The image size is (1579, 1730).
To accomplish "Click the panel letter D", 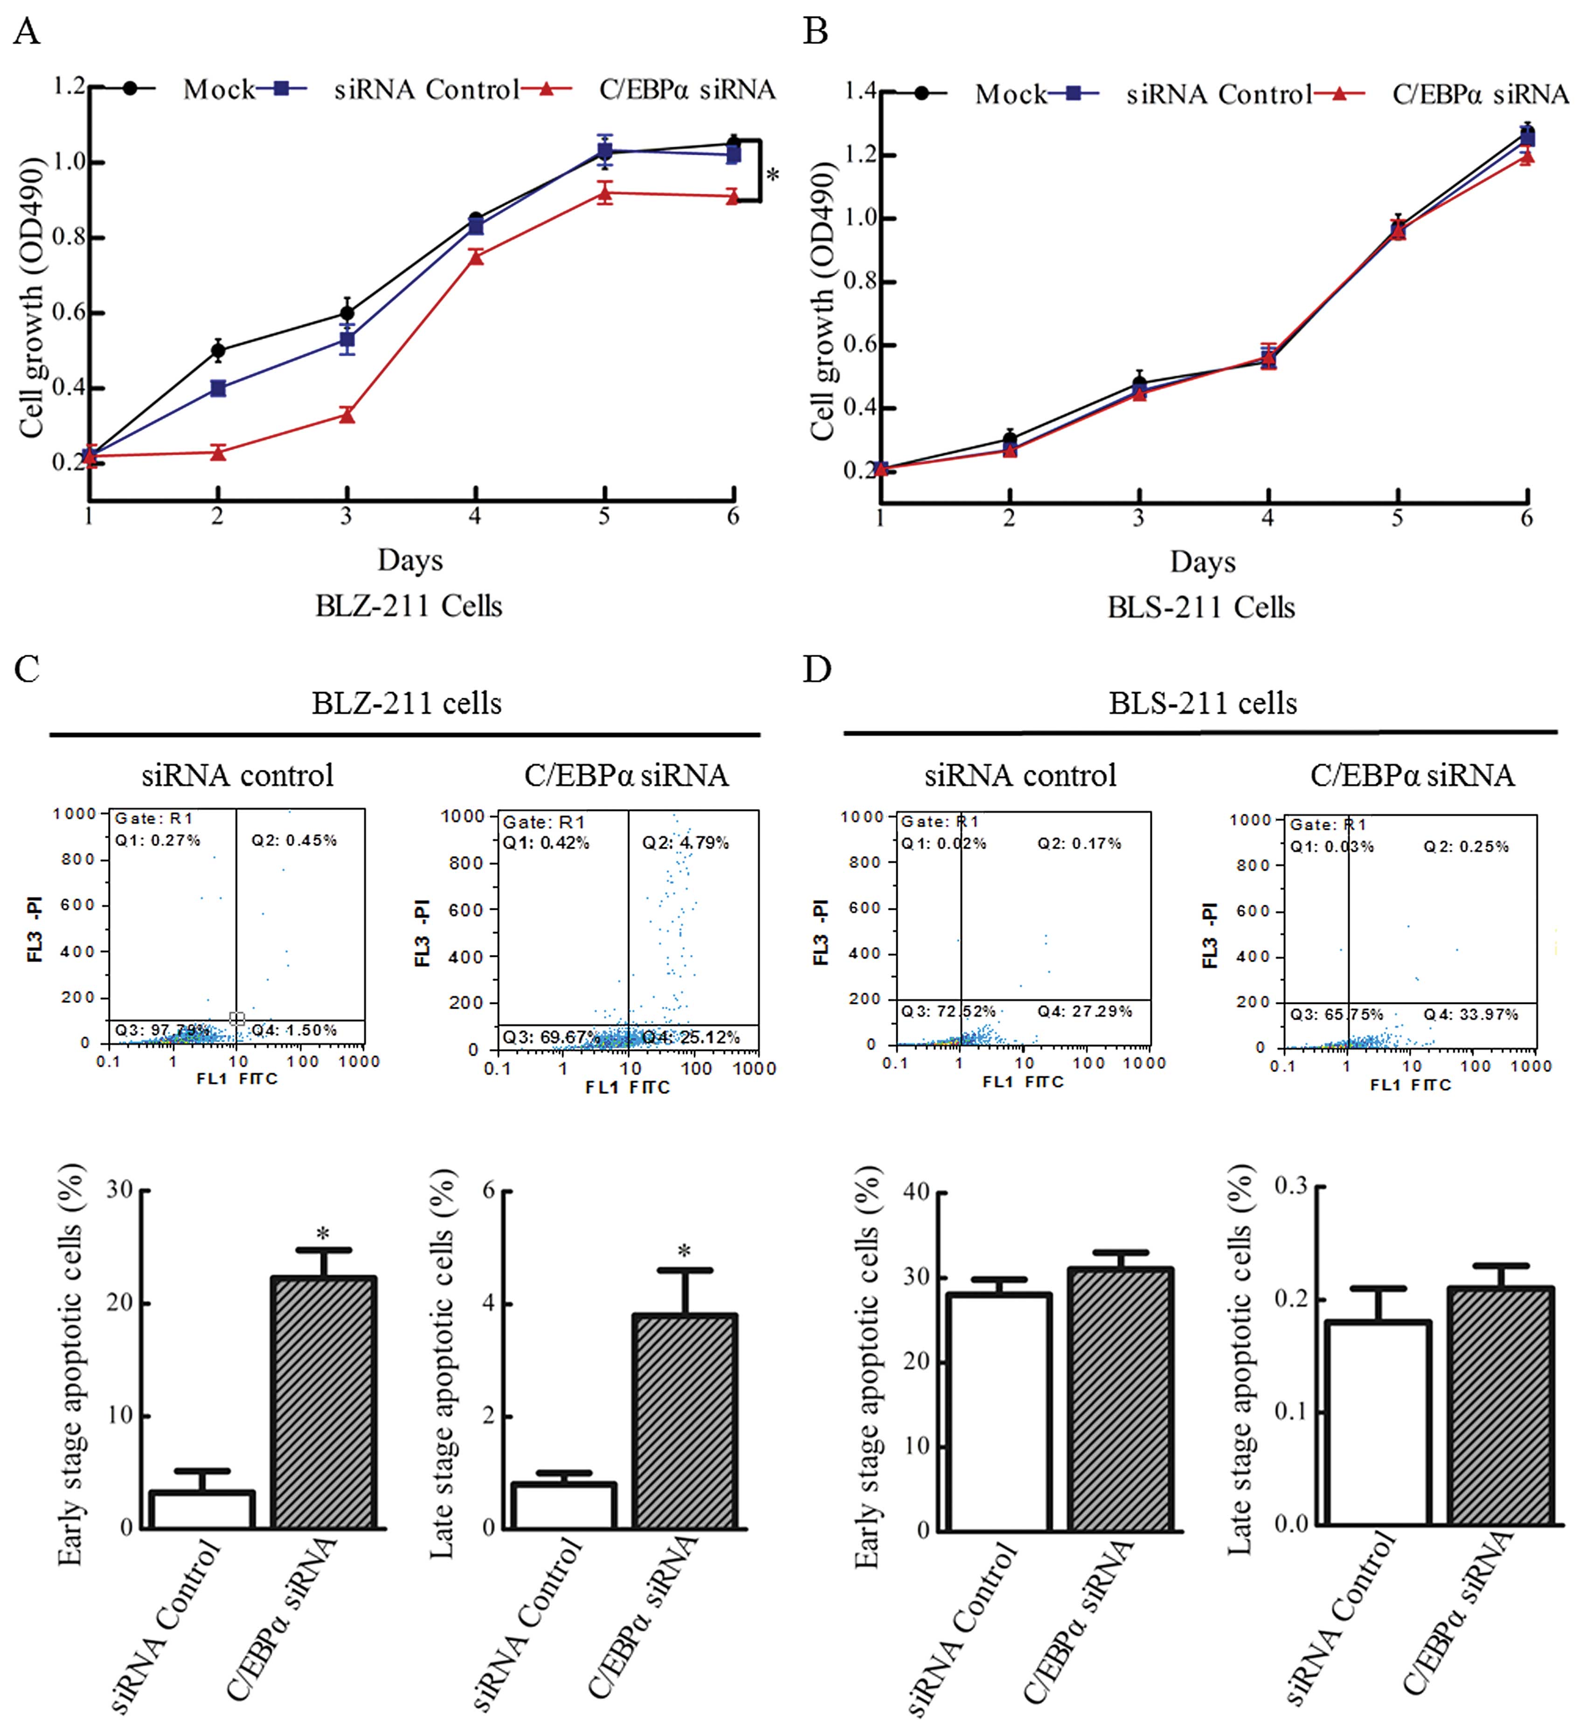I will point(816,669).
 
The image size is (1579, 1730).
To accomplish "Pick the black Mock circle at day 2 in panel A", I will point(218,350).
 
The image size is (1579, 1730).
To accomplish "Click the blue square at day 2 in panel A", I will point(218,389).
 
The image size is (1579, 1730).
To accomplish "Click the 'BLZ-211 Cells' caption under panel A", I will point(409,606).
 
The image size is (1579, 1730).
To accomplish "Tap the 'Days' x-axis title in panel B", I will point(1202,562).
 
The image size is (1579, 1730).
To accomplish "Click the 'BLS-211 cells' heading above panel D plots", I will point(1202,704).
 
